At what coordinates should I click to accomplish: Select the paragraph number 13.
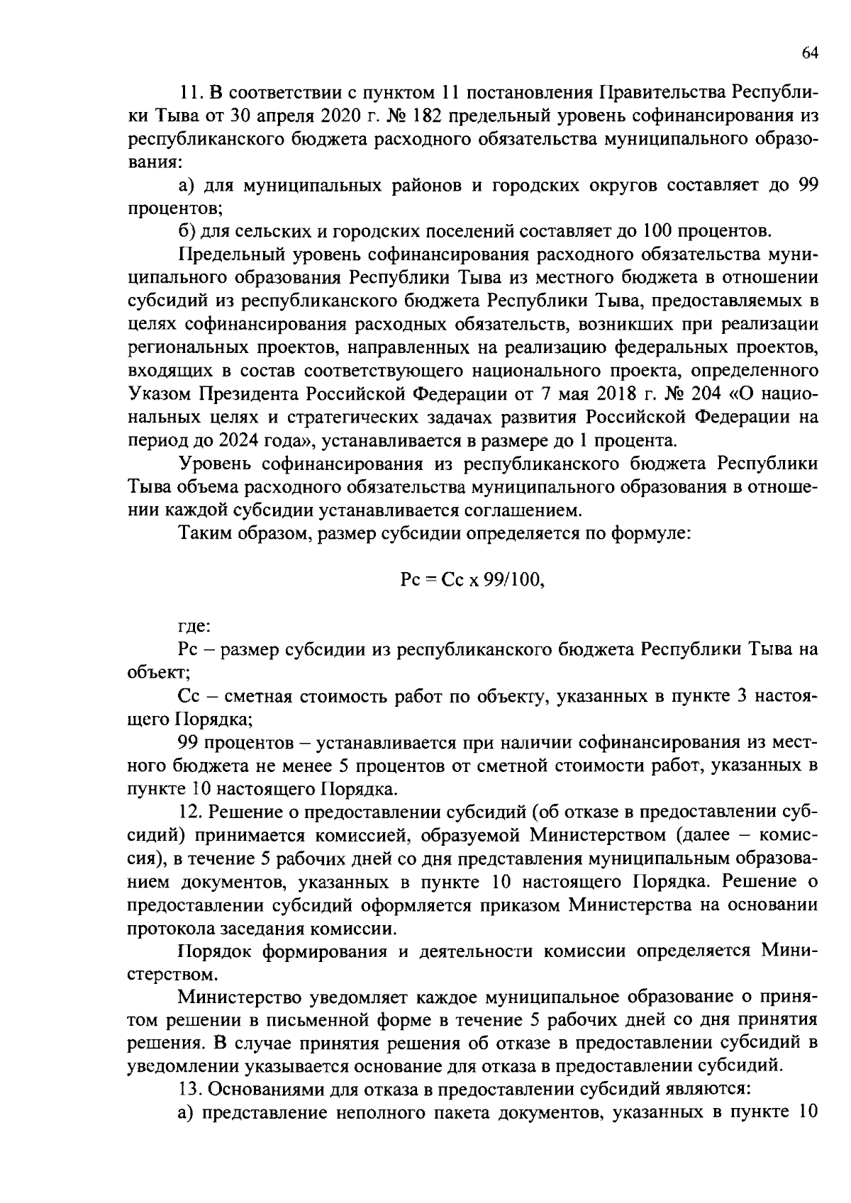tap(189, 1089)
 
